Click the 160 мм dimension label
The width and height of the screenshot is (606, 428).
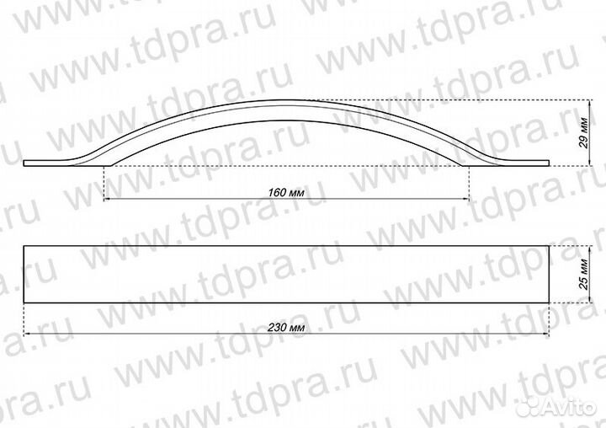coord(285,191)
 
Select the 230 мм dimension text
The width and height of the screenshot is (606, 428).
coord(285,325)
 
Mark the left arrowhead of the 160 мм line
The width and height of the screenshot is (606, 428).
coord(105,199)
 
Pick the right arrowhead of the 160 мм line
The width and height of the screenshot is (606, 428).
coord(466,199)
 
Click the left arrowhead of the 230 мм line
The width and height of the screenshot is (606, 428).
coord(27,333)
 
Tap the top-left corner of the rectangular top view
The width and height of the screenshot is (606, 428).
coord(24,246)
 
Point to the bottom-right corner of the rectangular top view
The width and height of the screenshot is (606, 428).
coord(548,302)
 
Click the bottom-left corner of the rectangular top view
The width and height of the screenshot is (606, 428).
coord(24,302)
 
